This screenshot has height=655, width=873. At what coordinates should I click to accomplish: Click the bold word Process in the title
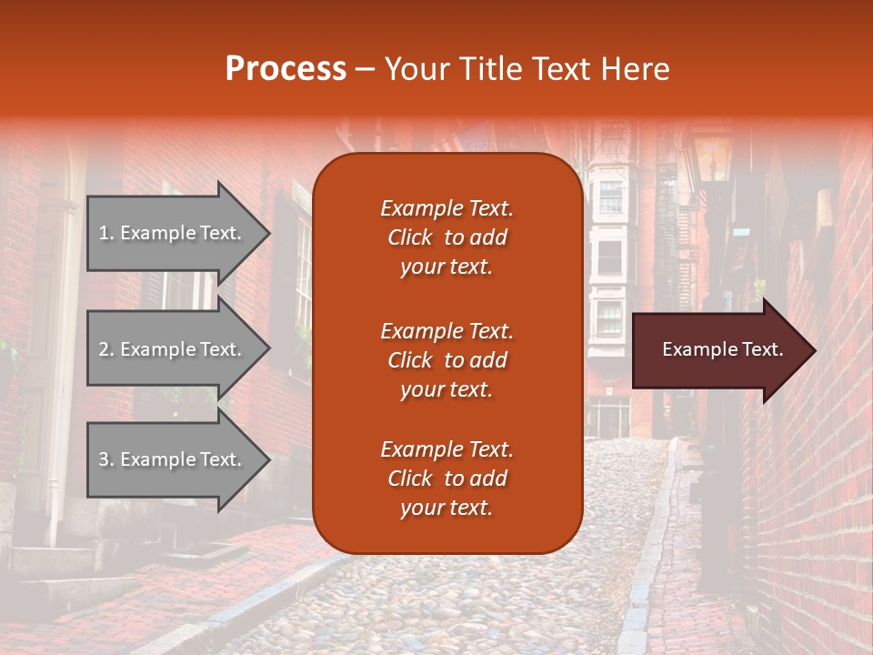point(286,69)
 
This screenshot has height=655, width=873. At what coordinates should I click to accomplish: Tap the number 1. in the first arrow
point(106,233)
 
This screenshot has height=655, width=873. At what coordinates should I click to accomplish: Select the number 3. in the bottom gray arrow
point(106,459)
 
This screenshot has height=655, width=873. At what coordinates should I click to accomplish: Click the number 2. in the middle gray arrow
point(106,349)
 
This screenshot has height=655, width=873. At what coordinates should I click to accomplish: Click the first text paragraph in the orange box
point(447,237)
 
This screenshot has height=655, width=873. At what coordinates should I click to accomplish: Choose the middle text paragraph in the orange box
point(447,360)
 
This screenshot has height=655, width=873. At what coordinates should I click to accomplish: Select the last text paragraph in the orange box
point(447,479)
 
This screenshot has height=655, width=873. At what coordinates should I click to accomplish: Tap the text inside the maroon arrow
point(723,349)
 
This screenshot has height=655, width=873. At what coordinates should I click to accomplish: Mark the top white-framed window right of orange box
point(610,196)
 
